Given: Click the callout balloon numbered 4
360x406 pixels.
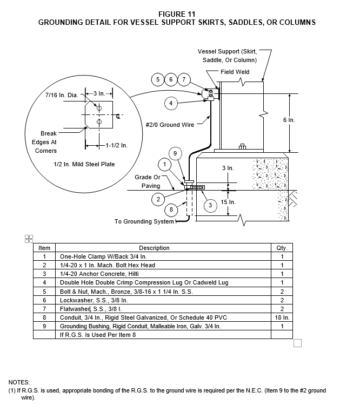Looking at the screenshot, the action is pyautogui.click(x=171, y=103).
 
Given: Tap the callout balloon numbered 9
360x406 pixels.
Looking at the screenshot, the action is pyautogui.click(x=175, y=153).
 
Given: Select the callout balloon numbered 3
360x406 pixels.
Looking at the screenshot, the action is pyautogui.click(x=210, y=206).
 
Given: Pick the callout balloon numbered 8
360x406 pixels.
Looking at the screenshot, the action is pyautogui.click(x=171, y=209).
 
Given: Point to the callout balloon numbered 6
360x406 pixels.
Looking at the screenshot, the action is pyautogui.click(x=171, y=79).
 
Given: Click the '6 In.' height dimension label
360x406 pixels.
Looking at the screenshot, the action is pyautogui.click(x=289, y=120).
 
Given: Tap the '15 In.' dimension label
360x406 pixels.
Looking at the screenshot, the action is pyautogui.click(x=228, y=202).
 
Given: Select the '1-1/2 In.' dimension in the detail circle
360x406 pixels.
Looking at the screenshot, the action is pyautogui.click(x=116, y=145).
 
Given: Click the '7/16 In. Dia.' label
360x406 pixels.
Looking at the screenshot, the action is pyautogui.click(x=62, y=95).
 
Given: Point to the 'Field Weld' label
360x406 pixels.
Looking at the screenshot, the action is pyautogui.click(x=235, y=72).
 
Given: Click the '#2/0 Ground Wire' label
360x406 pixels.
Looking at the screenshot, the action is pyautogui.click(x=170, y=125).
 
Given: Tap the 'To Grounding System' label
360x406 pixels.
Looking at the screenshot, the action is pyautogui.click(x=144, y=221).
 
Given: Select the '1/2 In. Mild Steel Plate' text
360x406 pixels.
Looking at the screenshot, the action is pyautogui.click(x=84, y=164).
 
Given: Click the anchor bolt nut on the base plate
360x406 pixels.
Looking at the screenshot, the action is pyautogui.click(x=242, y=146).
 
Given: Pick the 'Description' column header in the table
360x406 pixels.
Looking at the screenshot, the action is pyautogui.click(x=154, y=248).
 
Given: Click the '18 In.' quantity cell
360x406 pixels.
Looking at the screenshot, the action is pyautogui.click(x=282, y=317).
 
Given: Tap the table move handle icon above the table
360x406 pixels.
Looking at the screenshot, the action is pyautogui.click(x=29, y=239).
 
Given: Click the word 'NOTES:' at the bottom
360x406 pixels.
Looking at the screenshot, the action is pyautogui.click(x=19, y=382).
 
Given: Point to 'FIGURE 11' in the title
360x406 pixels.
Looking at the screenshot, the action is pyautogui.click(x=177, y=14).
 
